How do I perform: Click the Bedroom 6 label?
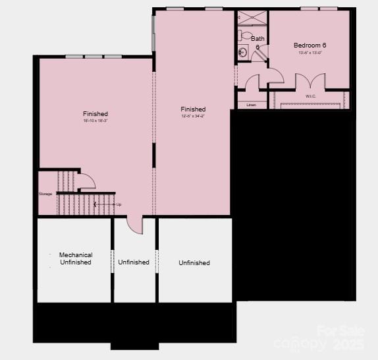[x=310, y=45]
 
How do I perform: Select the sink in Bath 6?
[x=242, y=51]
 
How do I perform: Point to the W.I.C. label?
[x=311, y=96]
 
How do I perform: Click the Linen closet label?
[x=251, y=105]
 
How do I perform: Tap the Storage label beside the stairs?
[x=45, y=194]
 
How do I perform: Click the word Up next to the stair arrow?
[x=119, y=204]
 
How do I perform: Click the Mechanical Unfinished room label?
[x=76, y=258]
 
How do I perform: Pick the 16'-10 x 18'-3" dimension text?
[x=95, y=121]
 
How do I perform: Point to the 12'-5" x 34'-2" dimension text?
[x=193, y=116]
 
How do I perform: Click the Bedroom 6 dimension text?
[x=310, y=53]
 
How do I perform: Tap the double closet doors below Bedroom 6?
[x=310, y=82]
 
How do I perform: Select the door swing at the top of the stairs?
[x=88, y=180]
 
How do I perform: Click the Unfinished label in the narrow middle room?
[x=134, y=262]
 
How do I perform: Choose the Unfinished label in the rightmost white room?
[x=194, y=262]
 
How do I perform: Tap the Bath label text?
[x=257, y=38]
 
